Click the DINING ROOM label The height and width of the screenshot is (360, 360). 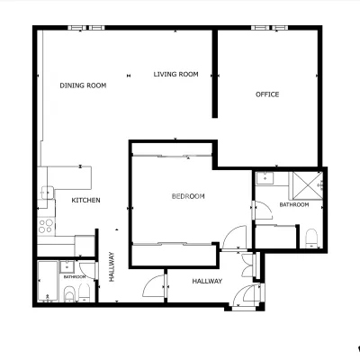[83, 85]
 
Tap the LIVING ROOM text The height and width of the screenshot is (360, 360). [176, 74]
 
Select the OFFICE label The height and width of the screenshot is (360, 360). [267, 94]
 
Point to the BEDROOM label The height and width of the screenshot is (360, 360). [188, 196]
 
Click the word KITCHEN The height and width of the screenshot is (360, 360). [85, 200]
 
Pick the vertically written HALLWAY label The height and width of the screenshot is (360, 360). [112, 266]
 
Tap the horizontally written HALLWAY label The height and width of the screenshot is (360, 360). [207, 281]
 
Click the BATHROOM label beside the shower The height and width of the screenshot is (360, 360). [294, 204]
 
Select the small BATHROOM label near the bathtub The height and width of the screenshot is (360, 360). [75, 276]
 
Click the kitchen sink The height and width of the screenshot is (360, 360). [47, 193]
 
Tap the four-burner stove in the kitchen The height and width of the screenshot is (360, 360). [46, 226]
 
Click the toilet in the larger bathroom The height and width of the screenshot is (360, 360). [311, 238]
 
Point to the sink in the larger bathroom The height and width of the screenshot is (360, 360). [265, 178]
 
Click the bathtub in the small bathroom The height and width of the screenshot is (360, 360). [48, 281]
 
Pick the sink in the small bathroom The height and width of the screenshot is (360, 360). [67, 265]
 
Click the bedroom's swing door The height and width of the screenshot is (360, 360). [234, 238]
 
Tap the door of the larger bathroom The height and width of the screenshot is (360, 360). [263, 211]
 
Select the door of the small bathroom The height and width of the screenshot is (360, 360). [88, 271]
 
